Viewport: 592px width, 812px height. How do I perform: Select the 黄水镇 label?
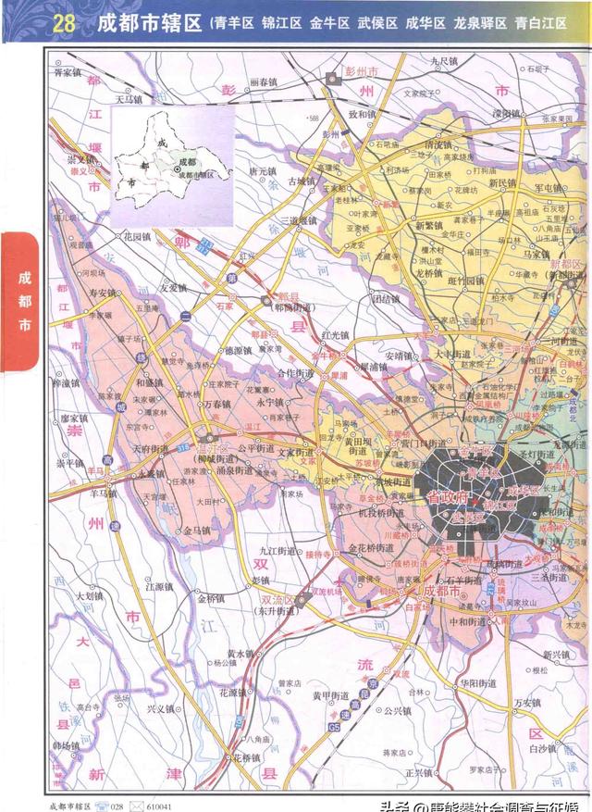coord(239,653)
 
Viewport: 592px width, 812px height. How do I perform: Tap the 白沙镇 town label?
coord(544,745)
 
